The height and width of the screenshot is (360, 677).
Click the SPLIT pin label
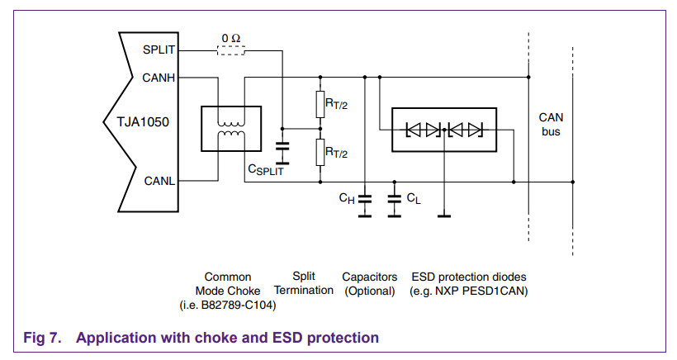(159, 50)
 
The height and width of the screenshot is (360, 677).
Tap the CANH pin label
(159, 78)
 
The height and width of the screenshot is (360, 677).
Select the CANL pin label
(159, 181)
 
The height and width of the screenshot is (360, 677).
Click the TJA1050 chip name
(143, 122)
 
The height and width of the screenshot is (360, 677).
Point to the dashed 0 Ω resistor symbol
(231, 51)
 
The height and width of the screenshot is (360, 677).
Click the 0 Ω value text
(231, 39)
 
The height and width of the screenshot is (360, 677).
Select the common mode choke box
(231, 129)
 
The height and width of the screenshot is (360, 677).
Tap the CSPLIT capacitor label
(266, 169)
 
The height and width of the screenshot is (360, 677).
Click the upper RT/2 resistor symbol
(320, 104)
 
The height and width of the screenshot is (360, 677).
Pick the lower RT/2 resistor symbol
(320, 153)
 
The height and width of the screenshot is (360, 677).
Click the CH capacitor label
(347, 198)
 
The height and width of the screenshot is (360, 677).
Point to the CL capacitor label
(413, 198)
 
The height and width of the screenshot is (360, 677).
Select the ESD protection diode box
(444, 130)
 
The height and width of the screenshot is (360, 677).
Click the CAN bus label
(551, 125)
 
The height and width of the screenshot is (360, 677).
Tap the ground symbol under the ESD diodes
(444, 216)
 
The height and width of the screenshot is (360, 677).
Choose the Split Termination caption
(304, 283)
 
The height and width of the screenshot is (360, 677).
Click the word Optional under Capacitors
(370, 291)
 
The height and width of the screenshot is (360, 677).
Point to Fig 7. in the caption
(42, 338)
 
